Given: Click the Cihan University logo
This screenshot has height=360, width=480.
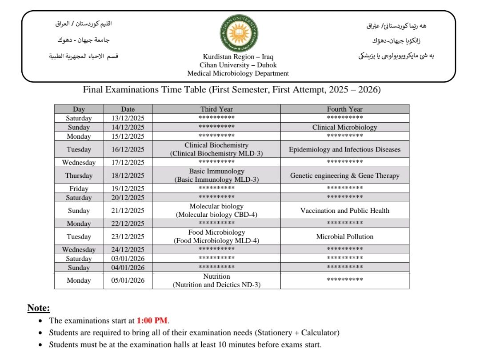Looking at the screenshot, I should [239, 32].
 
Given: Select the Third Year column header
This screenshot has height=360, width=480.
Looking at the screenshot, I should [216, 109].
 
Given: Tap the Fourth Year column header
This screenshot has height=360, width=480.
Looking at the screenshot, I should [344, 109].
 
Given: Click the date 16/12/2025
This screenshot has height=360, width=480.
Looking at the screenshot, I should [128, 149].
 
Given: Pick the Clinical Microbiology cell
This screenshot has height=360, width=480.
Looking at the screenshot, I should [344, 127].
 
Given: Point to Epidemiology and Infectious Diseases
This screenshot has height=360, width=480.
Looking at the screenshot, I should [344, 149].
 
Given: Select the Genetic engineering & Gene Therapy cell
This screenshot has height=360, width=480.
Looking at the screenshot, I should [344, 176].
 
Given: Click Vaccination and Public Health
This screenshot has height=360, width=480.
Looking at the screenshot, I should [344, 211].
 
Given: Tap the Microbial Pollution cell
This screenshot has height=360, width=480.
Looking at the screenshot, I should [344, 236].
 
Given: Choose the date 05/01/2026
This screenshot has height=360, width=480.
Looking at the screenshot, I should [128, 280].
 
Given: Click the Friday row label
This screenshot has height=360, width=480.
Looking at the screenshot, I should [79, 188].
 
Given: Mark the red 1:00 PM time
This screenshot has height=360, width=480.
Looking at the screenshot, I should [152, 320].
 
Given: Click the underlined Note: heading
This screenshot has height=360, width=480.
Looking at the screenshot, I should [39, 308].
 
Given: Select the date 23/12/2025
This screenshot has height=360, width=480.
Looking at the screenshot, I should [128, 236].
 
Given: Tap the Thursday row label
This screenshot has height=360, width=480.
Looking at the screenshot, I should [79, 176].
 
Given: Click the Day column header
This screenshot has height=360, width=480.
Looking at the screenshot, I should [79, 109].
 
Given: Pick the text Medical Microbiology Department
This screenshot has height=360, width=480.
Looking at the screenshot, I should [238, 73].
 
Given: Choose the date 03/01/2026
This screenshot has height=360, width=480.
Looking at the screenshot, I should [128, 259].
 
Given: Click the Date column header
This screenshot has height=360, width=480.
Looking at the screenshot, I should [128, 109].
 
